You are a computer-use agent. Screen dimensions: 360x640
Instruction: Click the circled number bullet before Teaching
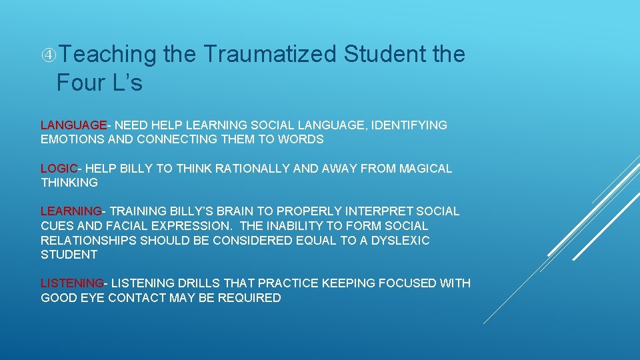pos(47,55)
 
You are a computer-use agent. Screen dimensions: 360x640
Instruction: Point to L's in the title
pos(127,83)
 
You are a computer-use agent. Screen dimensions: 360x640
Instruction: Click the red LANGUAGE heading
pos(73,125)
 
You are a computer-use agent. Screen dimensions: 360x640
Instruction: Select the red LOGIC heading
pos(59,169)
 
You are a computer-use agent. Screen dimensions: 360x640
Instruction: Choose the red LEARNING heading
pos(71,211)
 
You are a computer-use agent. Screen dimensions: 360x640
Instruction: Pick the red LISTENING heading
pos(72,283)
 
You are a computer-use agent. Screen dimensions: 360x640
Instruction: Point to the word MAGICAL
pos(425,169)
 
